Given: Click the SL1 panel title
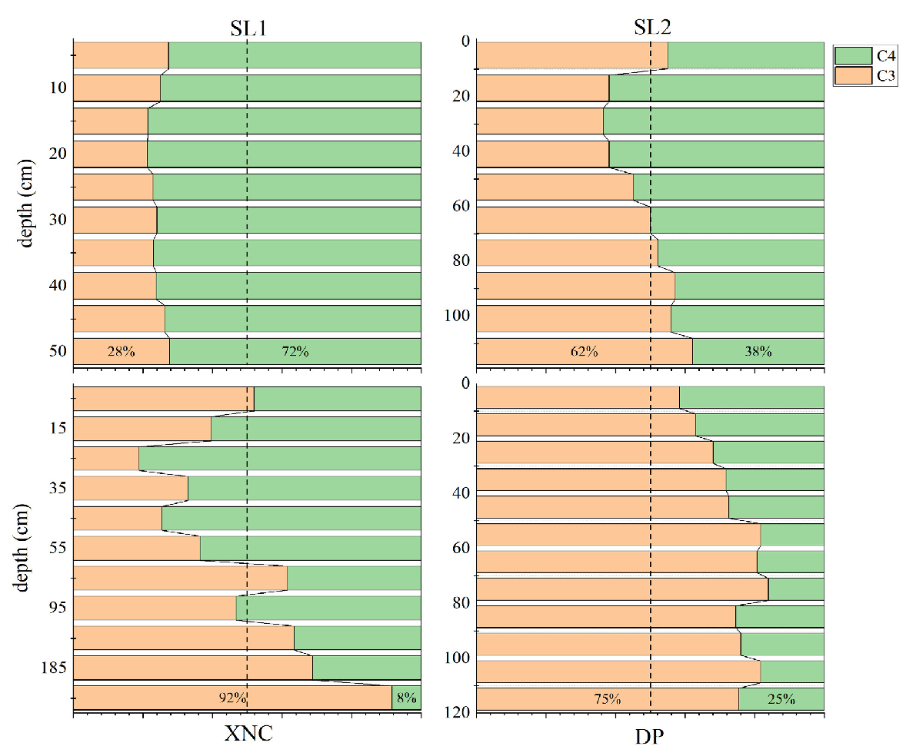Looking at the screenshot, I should point(248,28).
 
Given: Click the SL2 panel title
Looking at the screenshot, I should point(651,28).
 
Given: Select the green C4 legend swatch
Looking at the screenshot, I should point(851,55).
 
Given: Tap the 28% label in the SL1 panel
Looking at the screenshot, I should point(122,352).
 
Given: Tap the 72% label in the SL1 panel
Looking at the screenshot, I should point(295,352).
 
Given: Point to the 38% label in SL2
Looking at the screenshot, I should point(758,352).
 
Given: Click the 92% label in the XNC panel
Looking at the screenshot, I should point(232,698).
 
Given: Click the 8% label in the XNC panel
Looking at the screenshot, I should point(405,698).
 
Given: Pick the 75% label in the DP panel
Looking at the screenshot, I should point(607,699).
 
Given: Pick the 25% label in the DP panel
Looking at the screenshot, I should point(781,699).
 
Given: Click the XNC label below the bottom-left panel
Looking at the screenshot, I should point(248,734).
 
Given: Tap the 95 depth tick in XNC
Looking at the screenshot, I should point(58,608).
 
